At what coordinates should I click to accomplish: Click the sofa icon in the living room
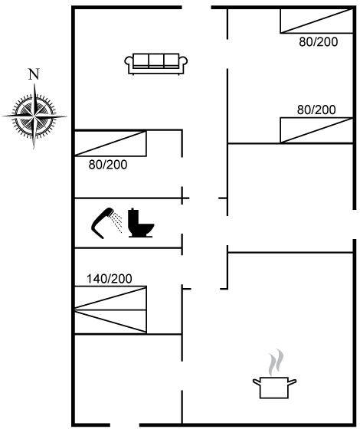[156, 64]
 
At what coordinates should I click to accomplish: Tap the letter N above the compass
[34, 74]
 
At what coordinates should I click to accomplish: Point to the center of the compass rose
[34, 116]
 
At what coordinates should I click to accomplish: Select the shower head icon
[106, 223]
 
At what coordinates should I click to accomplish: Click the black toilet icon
[141, 223]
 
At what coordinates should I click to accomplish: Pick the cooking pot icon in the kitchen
[274, 388]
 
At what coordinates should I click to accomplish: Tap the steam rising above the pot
[276, 362]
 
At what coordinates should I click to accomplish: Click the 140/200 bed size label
[109, 279]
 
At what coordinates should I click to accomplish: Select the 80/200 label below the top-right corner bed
[318, 42]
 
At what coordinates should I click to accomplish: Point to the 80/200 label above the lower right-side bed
[316, 110]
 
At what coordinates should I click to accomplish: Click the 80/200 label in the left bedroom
[108, 165]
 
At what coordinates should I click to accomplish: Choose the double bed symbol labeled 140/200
[110, 309]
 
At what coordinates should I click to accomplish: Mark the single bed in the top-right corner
[316, 21]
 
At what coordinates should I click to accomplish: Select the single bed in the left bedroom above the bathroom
[110, 143]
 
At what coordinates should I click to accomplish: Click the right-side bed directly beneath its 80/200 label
[316, 130]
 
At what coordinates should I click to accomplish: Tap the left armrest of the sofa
[129, 62]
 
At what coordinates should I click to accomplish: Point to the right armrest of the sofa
[183, 62]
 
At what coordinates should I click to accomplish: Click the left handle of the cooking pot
[257, 382]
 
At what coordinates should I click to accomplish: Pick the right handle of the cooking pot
[292, 382]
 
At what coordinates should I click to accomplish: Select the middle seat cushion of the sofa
[156, 60]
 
